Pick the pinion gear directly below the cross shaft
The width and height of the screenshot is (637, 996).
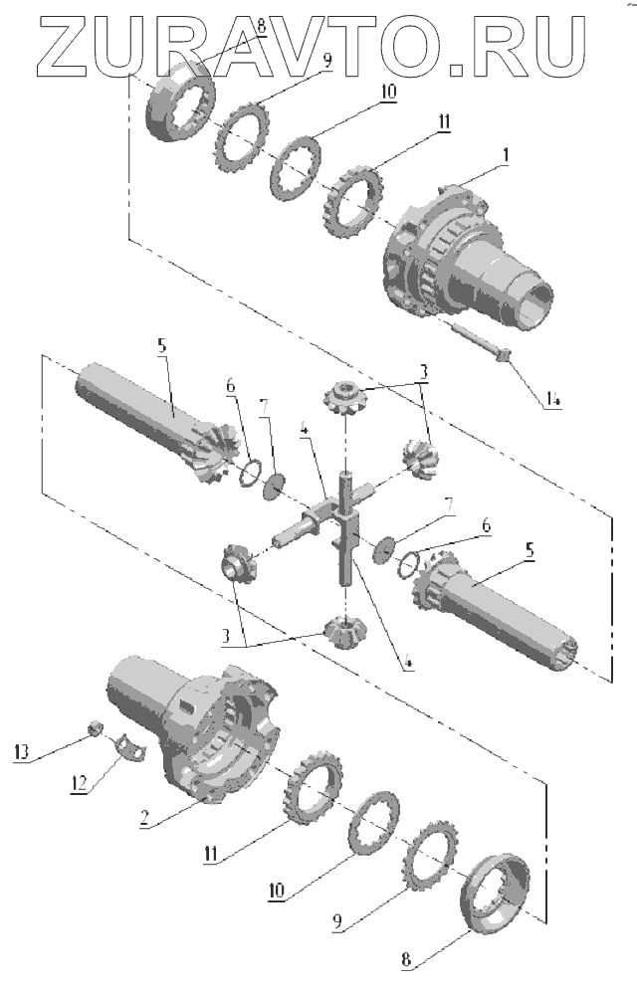coord(341,629)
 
